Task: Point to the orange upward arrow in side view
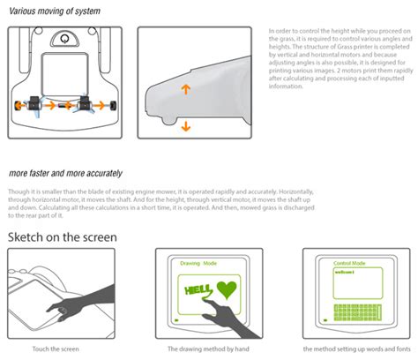[x=185, y=91]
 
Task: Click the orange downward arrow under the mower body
[x=185, y=127]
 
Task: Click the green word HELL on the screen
[x=197, y=290]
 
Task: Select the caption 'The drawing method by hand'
[x=205, y=350]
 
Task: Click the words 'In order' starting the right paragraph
[x=280, y=31]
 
